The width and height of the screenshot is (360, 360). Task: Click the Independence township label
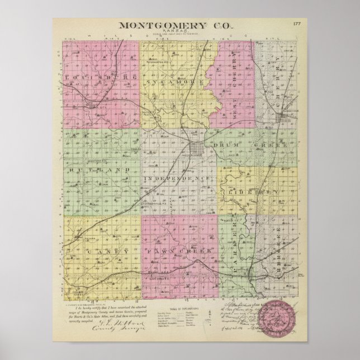click(178, 178)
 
